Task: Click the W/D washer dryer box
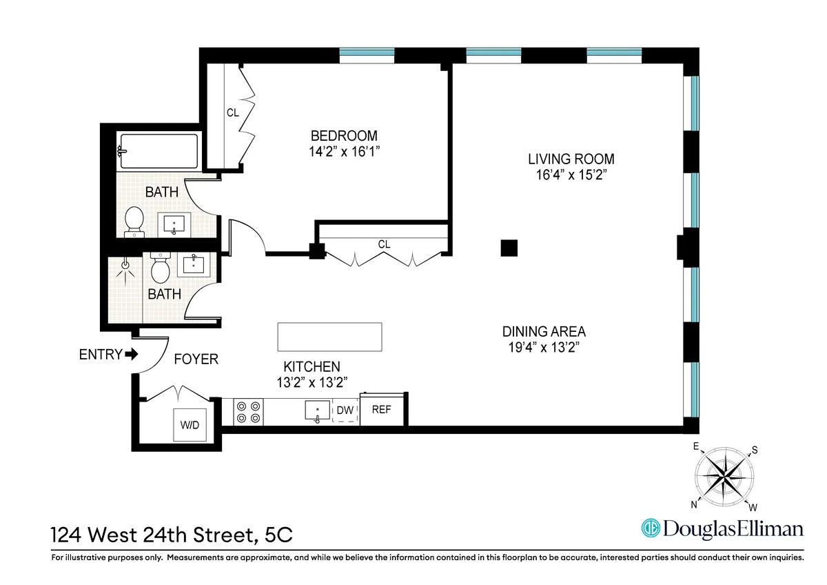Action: [190, 424]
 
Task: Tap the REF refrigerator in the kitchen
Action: [382, 410]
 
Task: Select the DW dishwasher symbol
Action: [345, 411]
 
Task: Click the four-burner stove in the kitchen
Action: [248, 412]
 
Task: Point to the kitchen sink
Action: [317, 411]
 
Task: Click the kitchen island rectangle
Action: [329, 337]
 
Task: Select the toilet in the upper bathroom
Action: [134, 221]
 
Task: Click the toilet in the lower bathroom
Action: [161, 268]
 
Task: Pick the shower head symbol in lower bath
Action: [125, 265]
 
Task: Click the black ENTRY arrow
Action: [131, 355]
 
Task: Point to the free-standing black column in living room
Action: [509, 248]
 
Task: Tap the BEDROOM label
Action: [344, 136]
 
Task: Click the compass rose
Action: [724, 476]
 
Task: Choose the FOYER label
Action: [196, 359]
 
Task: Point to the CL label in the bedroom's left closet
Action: [233, 112]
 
